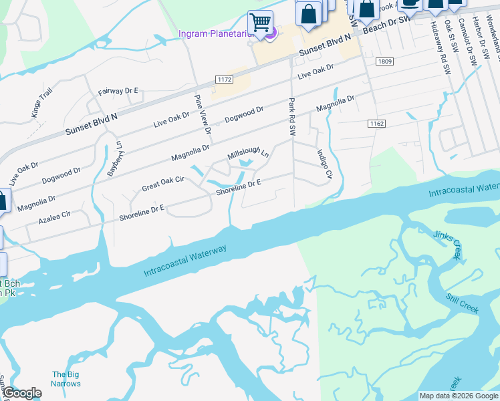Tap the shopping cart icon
260,22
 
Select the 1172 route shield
225,80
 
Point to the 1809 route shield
384,61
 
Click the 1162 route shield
376,124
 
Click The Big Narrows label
66,379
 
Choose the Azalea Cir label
55,219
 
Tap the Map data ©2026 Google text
459,396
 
